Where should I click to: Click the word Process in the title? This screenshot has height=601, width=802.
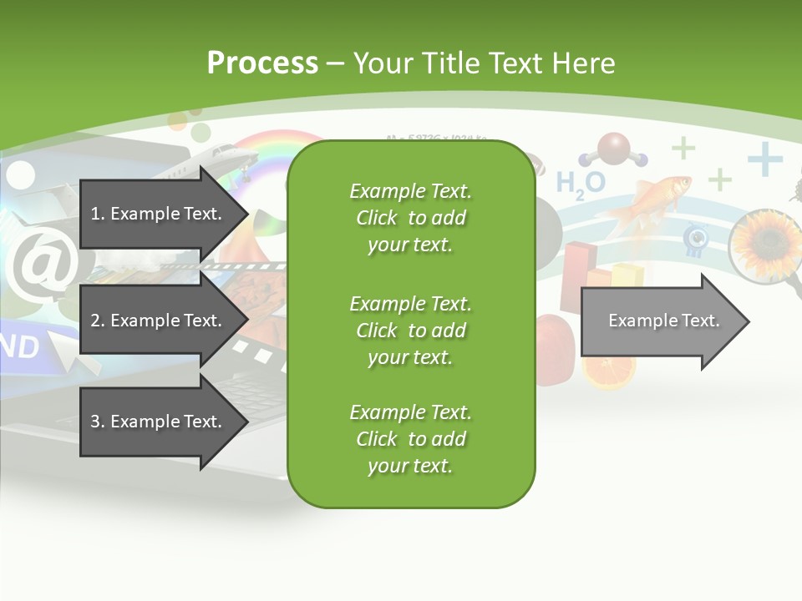(262, 63)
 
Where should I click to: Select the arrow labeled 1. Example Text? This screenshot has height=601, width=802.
(159, 214)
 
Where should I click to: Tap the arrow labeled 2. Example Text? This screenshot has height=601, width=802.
(159, 321)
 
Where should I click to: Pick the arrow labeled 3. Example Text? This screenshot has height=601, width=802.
(159, 422)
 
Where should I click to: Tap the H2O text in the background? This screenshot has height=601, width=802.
(580, 183)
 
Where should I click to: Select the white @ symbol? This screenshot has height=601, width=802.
(39, 265)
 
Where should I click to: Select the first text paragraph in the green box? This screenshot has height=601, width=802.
(410, 218)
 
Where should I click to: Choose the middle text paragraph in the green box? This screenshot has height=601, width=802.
(410, 331)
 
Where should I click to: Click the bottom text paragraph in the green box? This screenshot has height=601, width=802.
(410, 439)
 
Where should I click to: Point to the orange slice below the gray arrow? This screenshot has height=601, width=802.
(609, 374)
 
